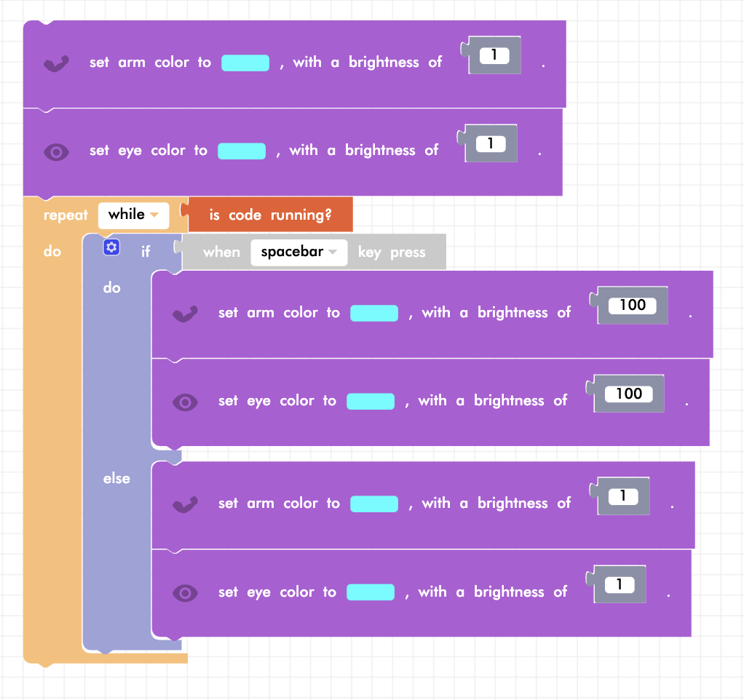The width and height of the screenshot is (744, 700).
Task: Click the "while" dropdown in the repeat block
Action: click(x=133, y=215)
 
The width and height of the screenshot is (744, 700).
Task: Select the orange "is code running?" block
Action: click(x=270, y=215)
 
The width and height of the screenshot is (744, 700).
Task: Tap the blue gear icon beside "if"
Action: click(x=111, y=247)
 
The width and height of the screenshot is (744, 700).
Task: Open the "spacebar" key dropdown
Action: click(x=298, y=252)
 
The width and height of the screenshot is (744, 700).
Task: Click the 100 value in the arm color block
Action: click(x=632, y=306)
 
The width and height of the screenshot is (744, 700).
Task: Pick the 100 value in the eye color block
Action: click(x=628, y=394)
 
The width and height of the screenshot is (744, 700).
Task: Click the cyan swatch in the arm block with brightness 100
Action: click(x=374, y=313)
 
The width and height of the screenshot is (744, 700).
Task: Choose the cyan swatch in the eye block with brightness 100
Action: click(x=371, y=401)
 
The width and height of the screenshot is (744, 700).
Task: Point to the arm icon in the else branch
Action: click(x=185, y=504)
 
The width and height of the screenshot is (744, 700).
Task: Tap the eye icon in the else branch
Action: click(x=185, y=592)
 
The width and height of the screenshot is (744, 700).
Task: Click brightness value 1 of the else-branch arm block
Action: click(x=622, y=496)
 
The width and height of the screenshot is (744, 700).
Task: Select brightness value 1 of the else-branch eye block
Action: click(x=619, y=584)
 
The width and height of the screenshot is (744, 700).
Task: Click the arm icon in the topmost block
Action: click(x=56, y=63)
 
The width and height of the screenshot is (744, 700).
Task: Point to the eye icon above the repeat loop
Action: click(x=56, y=151)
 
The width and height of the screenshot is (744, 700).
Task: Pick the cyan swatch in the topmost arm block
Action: click(x=245, y=63)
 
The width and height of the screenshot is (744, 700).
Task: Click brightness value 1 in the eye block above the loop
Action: click(x=490, y=143)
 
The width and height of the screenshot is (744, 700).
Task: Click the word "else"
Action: click(x=116, y=478)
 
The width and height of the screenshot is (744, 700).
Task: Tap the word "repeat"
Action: click(x=66, y=215)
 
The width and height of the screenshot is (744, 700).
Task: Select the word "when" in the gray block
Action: click(x=221, y=252)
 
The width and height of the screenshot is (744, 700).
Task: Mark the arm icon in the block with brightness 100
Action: click(x=185, y=314)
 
